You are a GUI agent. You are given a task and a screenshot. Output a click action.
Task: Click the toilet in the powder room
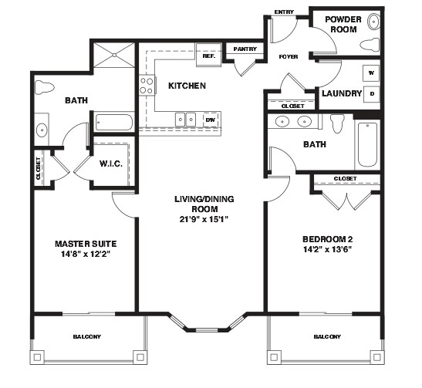pyautogui.click(x=370, y=45)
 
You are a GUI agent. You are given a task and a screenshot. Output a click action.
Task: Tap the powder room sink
pyautogui.click(x=373, y=21)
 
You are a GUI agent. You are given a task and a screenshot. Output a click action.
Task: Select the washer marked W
pyautogui.click(x=371, y=73)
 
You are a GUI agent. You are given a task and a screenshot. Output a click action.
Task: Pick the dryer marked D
pyautogui.click(x=371, y=94)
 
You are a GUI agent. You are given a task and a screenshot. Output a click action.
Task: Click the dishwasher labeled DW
pyautogui.click(x=211, y=120)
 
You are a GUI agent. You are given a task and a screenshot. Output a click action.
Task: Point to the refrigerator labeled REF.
pyautogui.click(x=209, y=55)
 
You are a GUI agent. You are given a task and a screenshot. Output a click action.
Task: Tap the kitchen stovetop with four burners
pyautogui.click(x=147, y=85)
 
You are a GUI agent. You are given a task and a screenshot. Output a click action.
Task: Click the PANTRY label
pyautogui.click(x=245, y=49)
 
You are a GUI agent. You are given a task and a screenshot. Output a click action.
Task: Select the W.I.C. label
pyautogui.click(x=111, y=164)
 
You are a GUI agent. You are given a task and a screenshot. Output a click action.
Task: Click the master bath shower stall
pyautogui.click(x=114, y=55)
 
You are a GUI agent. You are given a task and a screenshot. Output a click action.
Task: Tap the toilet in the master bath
pyautogui.click(x=45, y=87)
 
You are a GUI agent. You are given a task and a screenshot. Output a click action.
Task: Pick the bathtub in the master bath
pyautogui.click(x=114, y=123)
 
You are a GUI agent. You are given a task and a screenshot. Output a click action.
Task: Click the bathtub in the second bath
pyautogui.click(x=367, y=144)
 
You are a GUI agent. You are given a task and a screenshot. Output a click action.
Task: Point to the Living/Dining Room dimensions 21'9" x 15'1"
pyautogui.click(x=204, y=219)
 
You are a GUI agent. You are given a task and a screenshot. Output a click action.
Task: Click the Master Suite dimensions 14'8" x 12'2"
pyautogui.click(x=86, y=254)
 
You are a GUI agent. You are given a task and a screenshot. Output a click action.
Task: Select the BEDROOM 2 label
pyautogui.click(x=328, y=239)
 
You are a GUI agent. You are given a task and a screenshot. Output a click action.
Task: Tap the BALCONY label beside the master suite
pyautogui.click(x=87, y=336)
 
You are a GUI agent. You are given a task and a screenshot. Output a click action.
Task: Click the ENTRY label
pyautogui.click(x=284, y=12)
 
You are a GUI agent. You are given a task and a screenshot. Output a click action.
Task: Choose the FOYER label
pyautogui.click(x=289, y=57)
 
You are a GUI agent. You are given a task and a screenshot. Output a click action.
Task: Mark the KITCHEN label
pyautogui.click(x=187, y=86)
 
